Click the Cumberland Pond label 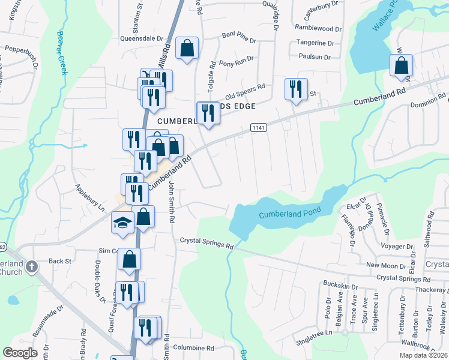(290, 213)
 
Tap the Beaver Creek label (62, 53)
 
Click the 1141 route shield (258, 127)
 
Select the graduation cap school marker (122, 223)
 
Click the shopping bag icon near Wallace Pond (401, 65)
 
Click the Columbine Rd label (193, 347)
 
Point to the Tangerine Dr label (316, 43)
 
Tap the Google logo (20, 353)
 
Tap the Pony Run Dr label (236, 62)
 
